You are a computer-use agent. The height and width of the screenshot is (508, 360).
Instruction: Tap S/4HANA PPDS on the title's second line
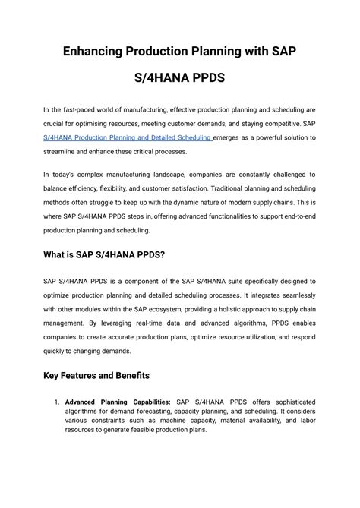point(180,78)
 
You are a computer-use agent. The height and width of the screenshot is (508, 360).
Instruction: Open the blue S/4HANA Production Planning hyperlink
point(127,137)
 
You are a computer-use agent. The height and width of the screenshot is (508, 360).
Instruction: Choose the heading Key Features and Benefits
point(96,375)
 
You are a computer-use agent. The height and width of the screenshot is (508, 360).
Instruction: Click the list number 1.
point(56,402)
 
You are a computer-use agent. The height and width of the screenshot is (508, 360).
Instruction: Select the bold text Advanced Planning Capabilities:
point(118,402)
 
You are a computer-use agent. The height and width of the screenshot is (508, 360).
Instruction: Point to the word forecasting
point(161,411)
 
